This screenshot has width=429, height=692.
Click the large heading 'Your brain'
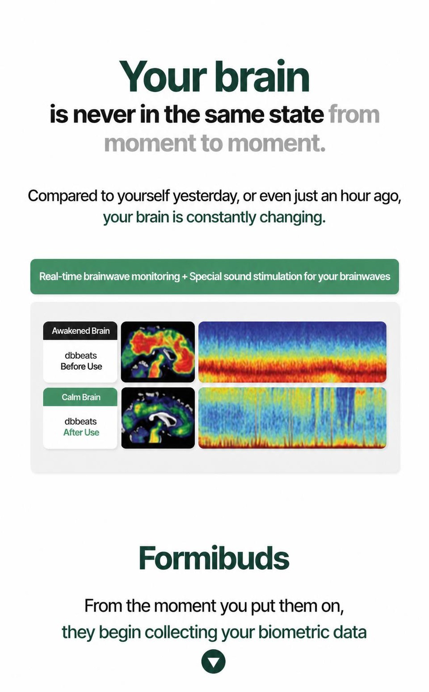[214, 77]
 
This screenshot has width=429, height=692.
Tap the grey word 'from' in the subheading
[354, 114]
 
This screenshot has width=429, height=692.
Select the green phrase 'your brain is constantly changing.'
[214, 217]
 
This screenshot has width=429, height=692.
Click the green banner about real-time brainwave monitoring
[214, 277]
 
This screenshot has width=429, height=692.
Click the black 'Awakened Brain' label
[80, 331]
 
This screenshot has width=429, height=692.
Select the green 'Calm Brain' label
[80, 397]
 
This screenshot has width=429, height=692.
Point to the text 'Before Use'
[81, 366]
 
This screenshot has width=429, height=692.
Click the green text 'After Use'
[81, 432]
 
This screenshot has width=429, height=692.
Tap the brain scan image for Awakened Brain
[158, 352]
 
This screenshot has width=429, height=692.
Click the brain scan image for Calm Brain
[158, 418]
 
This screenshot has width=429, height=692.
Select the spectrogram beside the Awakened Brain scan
[292, 352]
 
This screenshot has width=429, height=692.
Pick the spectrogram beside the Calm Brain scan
[292, 418]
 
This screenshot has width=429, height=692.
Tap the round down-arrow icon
[214, 661]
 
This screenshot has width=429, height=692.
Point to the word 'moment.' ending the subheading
[277, 144]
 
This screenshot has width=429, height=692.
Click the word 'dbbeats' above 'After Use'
[81, 421]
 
